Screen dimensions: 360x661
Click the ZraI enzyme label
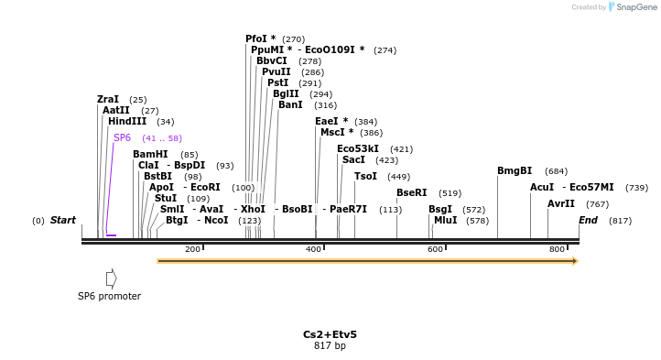(x=108, y=99)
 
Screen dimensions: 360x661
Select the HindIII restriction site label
(x=126, y=121)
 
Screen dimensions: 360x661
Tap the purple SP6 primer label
(x=122, y=138)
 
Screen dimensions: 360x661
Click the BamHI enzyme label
(x=150, y=154)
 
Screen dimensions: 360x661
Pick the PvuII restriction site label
(x=276, y=71)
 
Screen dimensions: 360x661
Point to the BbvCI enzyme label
(x=271, y=60)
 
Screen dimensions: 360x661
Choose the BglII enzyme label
(x=285, y=93)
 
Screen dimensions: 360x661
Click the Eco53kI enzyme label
(x=357, y=148)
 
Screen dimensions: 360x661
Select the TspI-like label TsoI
(x=365, y=176)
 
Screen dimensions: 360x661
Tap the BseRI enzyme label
(x=411, y=192)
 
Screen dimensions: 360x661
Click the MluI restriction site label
(x=445, y=220)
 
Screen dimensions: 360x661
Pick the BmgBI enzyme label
(x=514, y=170)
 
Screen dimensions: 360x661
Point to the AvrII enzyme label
(x=561, y=203)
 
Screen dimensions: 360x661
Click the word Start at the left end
(x=63, y=220)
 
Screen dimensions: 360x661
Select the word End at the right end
(x=588, y=220)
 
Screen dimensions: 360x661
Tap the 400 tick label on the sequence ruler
(x=313, y=249)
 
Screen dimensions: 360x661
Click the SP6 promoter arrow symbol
(x=111, y=278)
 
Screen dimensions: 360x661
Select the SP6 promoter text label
(x=109, y=296)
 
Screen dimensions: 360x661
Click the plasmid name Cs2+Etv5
(x=330, y=334)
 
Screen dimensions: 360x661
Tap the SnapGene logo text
(x=636, y=7)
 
